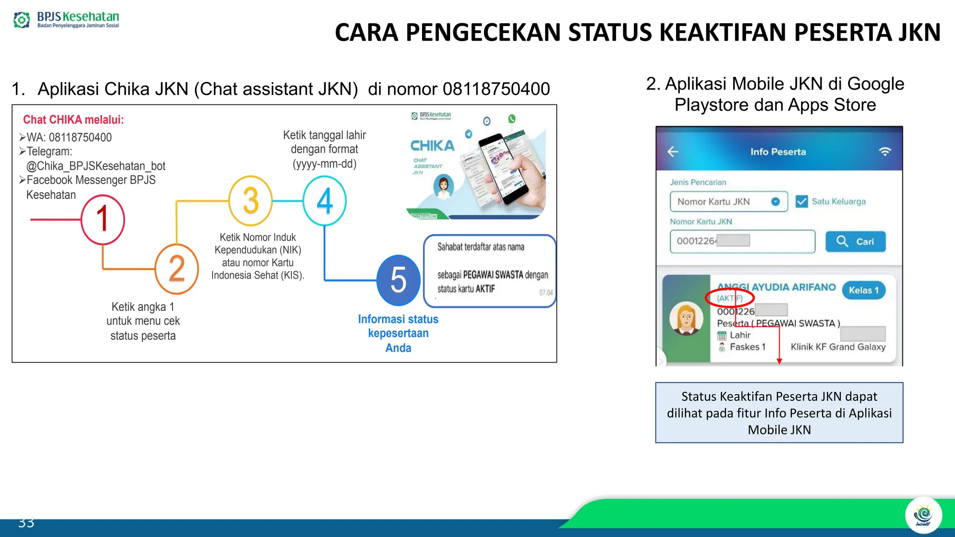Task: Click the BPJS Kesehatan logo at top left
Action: [66, 20]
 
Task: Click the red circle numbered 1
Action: [103, 220]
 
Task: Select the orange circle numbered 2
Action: [177, 269]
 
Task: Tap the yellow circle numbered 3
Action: [251, 200]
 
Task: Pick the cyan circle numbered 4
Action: [325, 201]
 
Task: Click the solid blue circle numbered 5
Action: [398, 280]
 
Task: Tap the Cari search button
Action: [855, 241]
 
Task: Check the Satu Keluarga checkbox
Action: [802, 201]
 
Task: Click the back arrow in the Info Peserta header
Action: [673, 151]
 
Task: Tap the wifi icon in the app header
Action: [885, 151]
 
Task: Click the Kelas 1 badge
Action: [864, 290]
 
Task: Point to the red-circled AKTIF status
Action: [729, 298]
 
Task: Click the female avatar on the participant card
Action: [686, 318]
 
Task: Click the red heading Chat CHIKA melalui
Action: [74, 120]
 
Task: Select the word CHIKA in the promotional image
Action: [432, 146]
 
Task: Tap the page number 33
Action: [26, 523]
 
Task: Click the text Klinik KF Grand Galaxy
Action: [838, 347]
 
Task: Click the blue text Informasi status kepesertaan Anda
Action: [398, 333]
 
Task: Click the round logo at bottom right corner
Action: [923, 516]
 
